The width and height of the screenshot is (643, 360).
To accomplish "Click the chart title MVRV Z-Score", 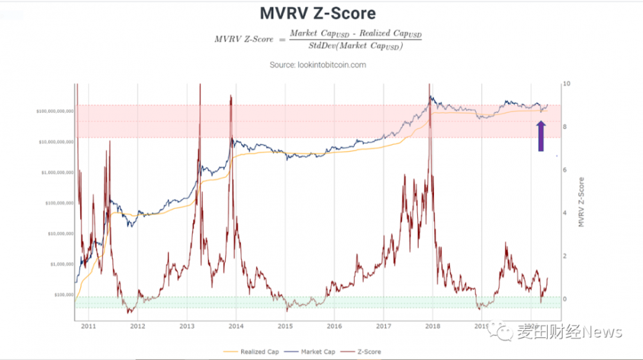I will pos(317,13).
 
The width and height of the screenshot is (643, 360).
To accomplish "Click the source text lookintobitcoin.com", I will pos(317,65).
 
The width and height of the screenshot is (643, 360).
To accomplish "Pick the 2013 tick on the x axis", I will pos(186,327).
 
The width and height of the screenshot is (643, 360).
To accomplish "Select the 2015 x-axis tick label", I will pos(285,327).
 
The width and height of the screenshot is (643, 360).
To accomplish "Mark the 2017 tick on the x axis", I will pos(383,327).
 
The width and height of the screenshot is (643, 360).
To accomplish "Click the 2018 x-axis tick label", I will pos(433,327).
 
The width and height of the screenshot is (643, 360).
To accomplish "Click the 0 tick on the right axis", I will pos(565,299).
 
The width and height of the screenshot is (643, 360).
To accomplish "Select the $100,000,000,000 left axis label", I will pos(55,111).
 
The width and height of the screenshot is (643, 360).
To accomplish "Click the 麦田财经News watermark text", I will pos(568,332).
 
